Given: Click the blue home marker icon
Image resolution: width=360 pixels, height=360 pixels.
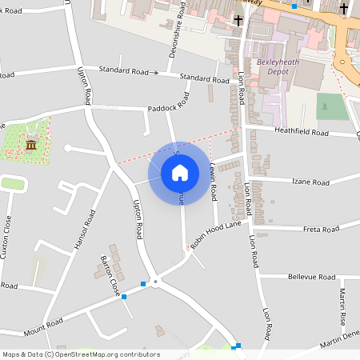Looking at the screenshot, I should [180, 172].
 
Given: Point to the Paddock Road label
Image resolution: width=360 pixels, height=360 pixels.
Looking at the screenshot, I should [169, 103].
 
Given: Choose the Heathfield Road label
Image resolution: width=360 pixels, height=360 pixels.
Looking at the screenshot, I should [301, 132].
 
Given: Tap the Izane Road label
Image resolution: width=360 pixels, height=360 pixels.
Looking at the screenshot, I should [309, 182].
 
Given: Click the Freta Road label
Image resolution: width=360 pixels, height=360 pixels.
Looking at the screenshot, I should [321, 230].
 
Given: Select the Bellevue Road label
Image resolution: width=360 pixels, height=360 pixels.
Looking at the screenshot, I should [311, 277].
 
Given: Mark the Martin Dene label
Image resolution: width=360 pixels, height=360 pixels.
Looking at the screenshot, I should [341, 342].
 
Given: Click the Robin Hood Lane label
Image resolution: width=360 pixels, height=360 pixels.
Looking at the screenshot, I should [216, 237].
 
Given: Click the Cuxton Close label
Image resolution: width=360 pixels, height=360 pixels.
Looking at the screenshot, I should [7, 233].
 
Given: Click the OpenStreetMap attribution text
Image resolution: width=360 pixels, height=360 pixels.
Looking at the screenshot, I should [81, 354].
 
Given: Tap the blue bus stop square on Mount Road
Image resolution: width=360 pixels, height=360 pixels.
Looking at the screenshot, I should [124, 297].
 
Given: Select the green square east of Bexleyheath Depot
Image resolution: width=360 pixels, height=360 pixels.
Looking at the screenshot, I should [333, 106].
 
